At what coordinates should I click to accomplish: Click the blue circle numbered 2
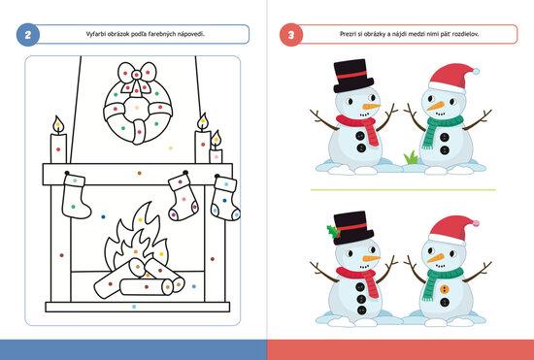click(28, 34)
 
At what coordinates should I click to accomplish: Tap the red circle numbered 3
click(291, 34)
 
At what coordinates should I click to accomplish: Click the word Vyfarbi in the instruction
click(95, 34)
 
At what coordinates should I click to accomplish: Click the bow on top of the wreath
click(137, 76)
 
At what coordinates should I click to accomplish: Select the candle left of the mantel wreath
click(58, 140)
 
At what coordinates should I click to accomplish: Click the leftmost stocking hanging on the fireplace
click(75, 196)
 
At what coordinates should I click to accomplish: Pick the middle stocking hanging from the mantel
click(184, 196)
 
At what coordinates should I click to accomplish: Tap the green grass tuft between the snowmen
click(412, 157)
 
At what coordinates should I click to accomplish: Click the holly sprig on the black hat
click(333, 232)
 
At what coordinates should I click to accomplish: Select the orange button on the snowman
click(444, 289)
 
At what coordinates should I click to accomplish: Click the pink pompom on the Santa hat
click(476, 223)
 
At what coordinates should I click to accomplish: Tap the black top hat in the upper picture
click(353, 77)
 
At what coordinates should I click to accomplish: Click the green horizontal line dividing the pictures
click(403, 190)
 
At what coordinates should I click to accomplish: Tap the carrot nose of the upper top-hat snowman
click(371, 107)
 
